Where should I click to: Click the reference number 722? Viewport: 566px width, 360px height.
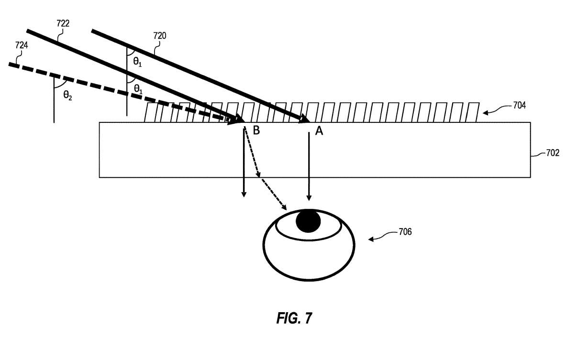(63, 23)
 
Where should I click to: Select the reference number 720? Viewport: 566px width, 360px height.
(160, 35)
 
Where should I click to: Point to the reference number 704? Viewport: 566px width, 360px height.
(519, 106)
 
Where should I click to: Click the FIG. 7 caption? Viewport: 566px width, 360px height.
(294, 318)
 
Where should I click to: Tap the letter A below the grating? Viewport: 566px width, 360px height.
(319, 131)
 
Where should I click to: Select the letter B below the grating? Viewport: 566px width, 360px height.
(256, 131)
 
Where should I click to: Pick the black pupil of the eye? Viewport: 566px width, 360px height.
(308, 221)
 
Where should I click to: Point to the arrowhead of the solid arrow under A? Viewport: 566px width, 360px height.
(309, 197)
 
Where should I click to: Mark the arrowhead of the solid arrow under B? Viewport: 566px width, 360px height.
(244, 194)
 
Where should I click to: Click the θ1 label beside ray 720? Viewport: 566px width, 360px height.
(137, 61)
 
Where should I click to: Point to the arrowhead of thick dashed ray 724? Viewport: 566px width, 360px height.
(237, 120)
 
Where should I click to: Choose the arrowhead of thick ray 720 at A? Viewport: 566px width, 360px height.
(305, 120)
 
